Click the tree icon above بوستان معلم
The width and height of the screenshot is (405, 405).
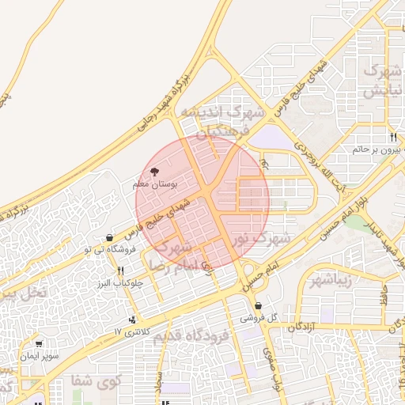154,171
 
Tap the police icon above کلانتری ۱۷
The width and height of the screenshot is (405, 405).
131,320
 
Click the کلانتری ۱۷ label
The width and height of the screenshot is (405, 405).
131,331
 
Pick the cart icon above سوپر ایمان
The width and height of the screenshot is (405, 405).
40,344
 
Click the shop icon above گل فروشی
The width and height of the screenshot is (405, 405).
258,305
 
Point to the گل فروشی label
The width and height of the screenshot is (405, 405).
261,317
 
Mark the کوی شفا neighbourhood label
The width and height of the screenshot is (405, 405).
98,381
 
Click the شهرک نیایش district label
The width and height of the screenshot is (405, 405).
380,81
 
